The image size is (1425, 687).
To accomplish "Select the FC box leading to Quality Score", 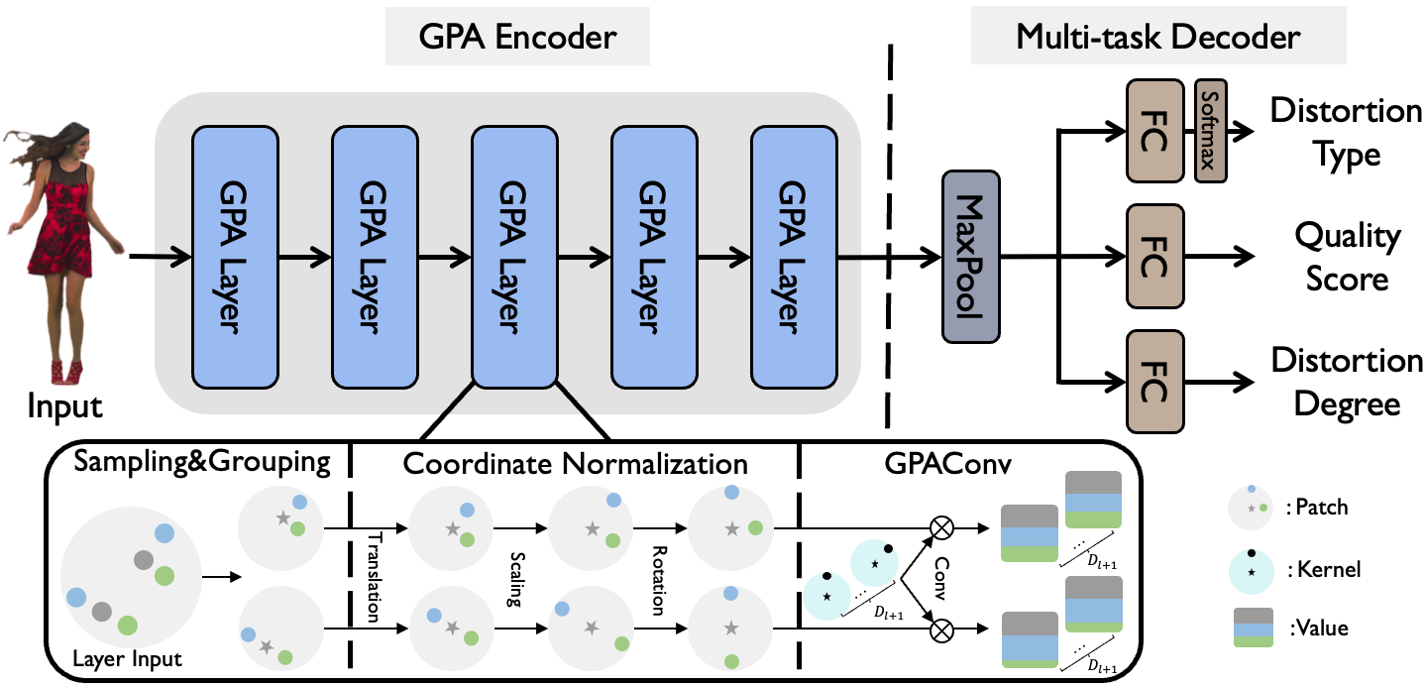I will pos(1154,255).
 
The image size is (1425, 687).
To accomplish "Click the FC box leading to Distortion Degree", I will pos(1154,383).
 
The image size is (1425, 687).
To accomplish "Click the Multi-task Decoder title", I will pos(1157,39).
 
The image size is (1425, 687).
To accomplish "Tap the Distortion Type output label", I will pos(1346,132).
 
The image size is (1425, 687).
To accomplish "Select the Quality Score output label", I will pos(1348,257).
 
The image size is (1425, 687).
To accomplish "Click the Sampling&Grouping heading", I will pos(202,462).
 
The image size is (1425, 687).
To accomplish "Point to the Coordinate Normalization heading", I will pos(576,462).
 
